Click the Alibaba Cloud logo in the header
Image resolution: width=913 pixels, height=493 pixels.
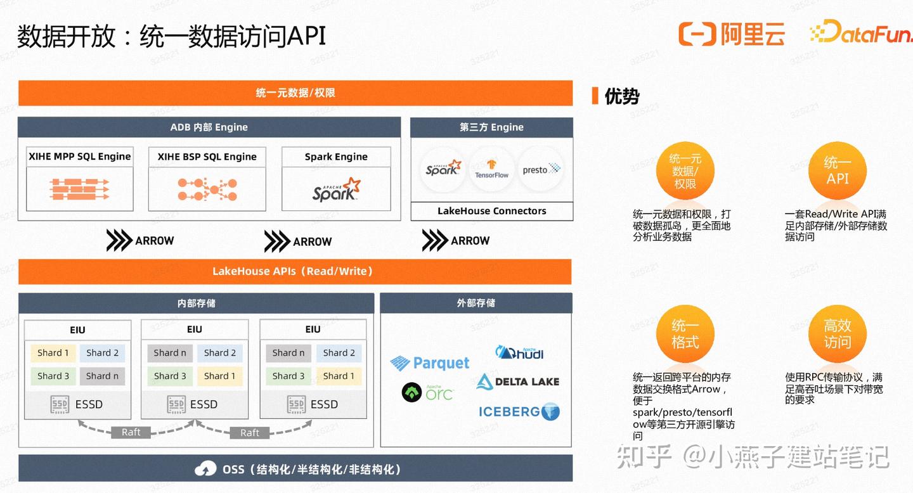[x=731, y=34]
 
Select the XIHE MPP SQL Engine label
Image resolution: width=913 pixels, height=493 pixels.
[x=79, y=157]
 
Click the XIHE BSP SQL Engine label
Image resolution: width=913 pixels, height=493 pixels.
[x=207, y=157]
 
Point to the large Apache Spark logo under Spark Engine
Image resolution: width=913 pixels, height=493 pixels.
[x=336, y=189]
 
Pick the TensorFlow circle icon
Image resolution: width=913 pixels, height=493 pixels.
[x=491, y=169]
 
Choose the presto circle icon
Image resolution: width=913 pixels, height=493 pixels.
[x=541, y=169]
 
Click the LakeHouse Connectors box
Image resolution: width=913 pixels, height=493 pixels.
[x=491, y=211]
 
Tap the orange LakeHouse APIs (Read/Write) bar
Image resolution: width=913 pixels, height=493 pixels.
[x=295, y=271]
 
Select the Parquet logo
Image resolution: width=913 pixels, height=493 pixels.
[x=429, y=363]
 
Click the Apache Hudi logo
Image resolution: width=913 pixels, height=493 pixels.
[x=519, y=352]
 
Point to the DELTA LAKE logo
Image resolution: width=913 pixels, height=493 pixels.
[x=517, y=381]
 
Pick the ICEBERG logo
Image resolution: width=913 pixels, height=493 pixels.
[x=519, y=412]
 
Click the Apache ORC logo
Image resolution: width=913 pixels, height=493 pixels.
[x=427, y=392]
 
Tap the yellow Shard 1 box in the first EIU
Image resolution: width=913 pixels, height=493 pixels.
[x=53, y=353]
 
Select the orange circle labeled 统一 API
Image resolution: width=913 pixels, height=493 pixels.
[x=837, y=170]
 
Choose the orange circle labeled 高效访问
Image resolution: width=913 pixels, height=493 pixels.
[x=837, y=334]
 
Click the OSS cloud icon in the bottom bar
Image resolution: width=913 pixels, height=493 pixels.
[x=205, y=470]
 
